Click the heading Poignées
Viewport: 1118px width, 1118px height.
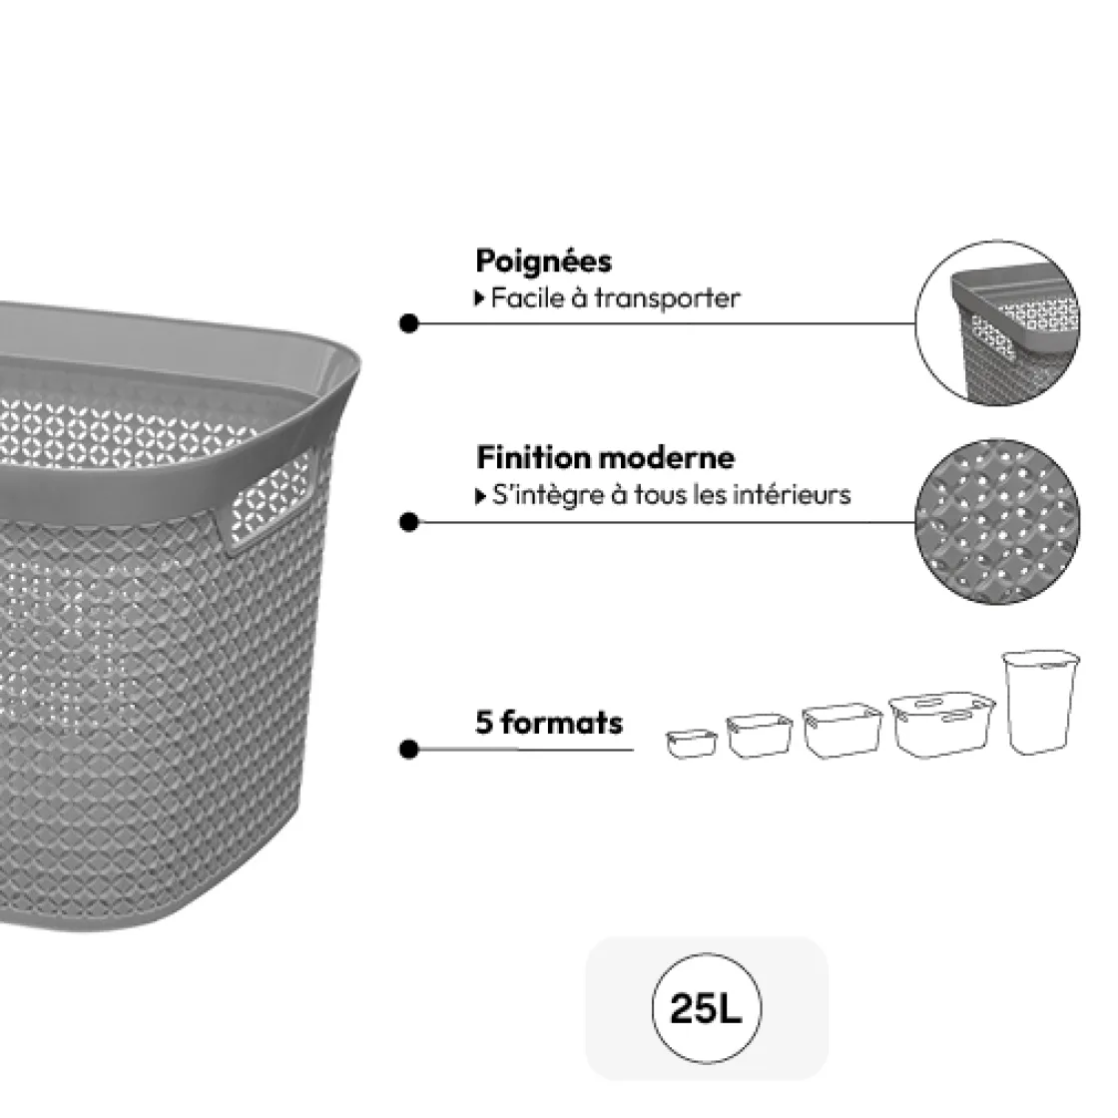pyautogui.click(x=543, y=262)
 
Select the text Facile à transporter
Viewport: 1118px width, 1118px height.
pyautogui.click(x=615, y=297)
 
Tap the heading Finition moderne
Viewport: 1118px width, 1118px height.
pyautogui.click(x=605, y=458)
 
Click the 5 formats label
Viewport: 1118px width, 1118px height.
pyautogui.click(x=549, y=722)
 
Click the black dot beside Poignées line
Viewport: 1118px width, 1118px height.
pyautogui.click(x=408, y=323)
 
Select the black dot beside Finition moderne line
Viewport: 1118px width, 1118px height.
pyautogui.click(x=408, y=522)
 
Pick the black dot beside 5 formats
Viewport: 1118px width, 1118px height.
pyautogui.click(x=408, y=749)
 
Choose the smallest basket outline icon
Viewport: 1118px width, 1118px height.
pyautogui.click(x=692, y=743)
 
